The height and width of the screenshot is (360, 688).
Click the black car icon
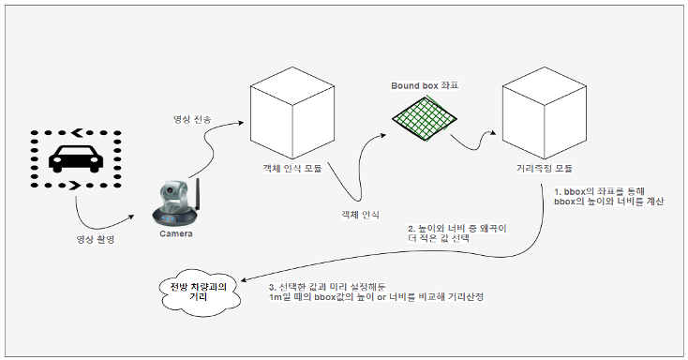(76, 158)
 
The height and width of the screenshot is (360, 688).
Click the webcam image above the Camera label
(176, 202)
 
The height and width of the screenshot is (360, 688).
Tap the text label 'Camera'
(176, 233)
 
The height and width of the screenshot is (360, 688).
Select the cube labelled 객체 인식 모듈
(292, 112)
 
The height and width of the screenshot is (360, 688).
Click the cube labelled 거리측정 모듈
(545, 112)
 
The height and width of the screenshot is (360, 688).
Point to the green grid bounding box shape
(425, 118)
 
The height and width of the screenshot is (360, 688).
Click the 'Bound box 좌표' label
(425, 85)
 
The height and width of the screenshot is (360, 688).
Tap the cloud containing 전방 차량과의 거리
(200, 292)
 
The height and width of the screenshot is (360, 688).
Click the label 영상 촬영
(96, 239)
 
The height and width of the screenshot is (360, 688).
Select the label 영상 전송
(192, 119)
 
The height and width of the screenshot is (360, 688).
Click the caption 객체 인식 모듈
(292, 169)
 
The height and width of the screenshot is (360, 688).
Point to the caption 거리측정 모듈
(545, 169)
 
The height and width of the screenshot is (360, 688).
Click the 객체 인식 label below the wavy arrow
(360, 215)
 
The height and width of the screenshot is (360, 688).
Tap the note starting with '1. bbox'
(609, 197)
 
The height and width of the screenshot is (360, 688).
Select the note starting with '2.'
(457, 233)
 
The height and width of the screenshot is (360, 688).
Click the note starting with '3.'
(376, 292)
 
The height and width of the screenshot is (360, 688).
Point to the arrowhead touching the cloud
(244, 280)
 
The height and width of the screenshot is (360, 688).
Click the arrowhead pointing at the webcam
(130, 217)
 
